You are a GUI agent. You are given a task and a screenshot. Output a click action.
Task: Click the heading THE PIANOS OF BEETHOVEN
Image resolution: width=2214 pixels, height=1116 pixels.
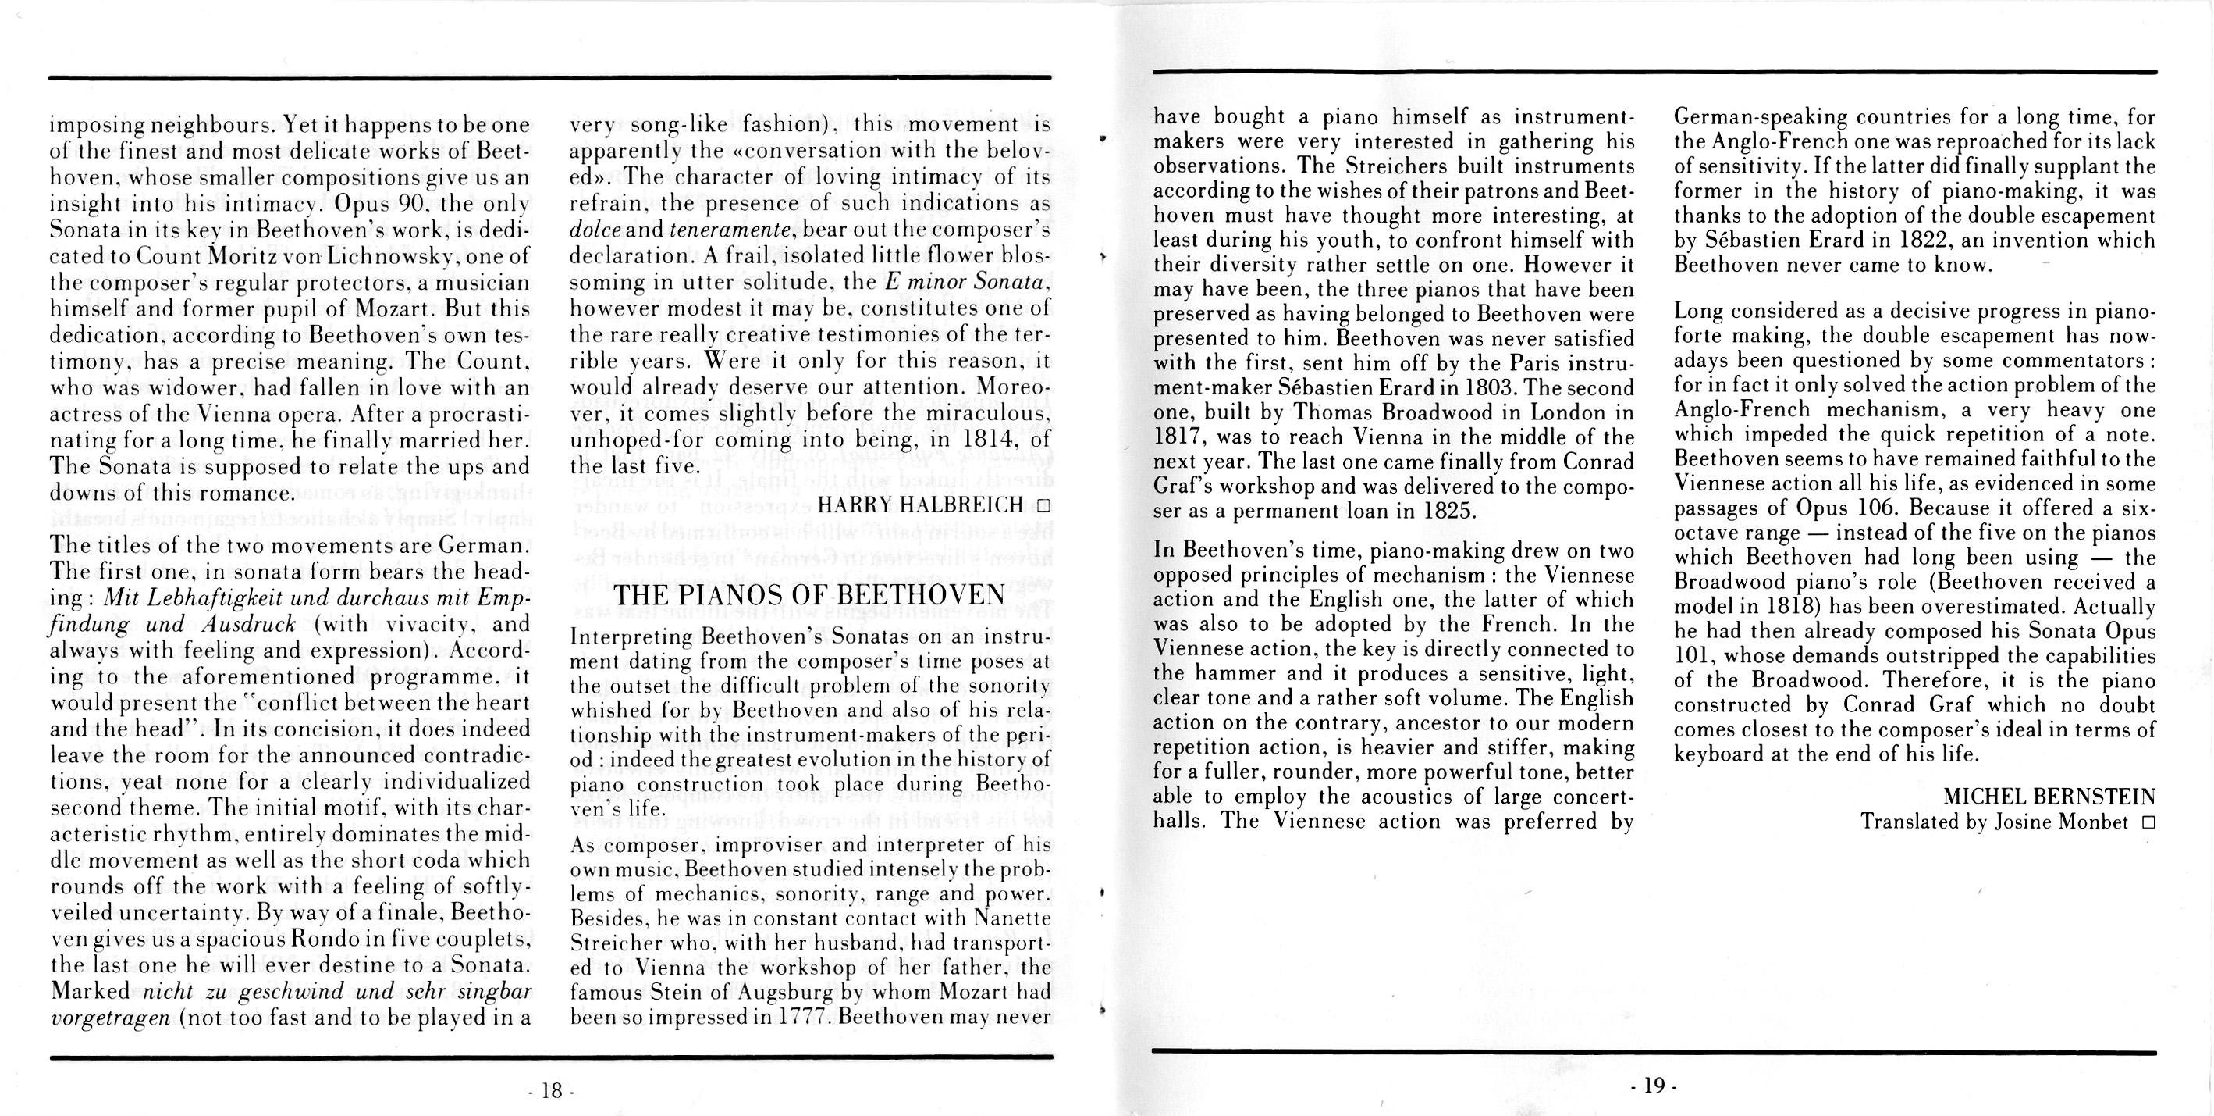[809, 595]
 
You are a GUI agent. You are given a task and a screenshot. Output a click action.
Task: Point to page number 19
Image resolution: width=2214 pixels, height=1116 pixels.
[1654, 1086]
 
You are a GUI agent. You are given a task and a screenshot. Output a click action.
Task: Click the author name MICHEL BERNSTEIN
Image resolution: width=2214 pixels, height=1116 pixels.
[2049, 797]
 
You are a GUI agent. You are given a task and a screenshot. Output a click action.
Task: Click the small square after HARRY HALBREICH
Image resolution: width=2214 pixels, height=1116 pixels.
[1043, 505]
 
